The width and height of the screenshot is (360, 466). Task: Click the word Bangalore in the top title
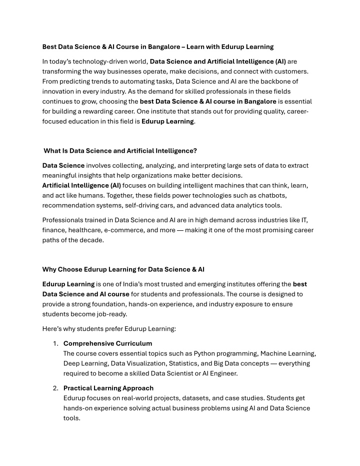(159, 47)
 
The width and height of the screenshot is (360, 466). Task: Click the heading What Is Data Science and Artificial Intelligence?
(120, 150)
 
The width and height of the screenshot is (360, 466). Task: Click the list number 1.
(55, 343)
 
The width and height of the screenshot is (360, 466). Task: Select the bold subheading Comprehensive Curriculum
(107, 343)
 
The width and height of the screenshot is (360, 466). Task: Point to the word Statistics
(182, 363)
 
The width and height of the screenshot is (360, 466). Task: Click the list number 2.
(55, 388)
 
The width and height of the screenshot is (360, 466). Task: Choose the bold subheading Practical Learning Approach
(108, 388)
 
